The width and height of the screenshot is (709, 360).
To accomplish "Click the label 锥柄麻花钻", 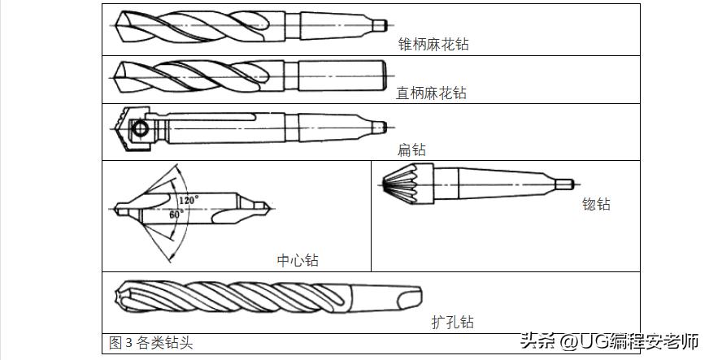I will [433, 45].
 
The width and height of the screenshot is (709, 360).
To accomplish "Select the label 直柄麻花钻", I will [431, 93].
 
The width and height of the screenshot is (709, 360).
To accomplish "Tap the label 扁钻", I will [411, 150].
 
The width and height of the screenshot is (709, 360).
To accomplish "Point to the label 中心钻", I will [298, 260].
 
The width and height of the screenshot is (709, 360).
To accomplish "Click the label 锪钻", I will [596, 204].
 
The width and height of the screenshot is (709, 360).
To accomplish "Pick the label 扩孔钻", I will [452, 323].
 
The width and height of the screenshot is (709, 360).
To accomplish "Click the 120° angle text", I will [189, 199].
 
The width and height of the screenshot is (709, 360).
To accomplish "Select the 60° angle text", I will [176, 215].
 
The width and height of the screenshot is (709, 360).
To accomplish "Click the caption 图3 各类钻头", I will [151, 343].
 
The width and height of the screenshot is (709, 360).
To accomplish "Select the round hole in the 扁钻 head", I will [140, 128].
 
